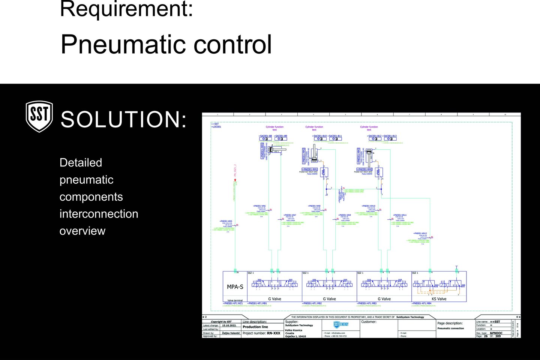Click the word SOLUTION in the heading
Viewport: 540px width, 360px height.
click(124, 119)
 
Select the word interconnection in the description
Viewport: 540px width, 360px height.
click(99, 214)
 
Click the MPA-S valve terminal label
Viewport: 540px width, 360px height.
click(235, 287)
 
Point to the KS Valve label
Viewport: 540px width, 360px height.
click(439, 299)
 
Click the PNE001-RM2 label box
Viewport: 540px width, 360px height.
click(365, 169)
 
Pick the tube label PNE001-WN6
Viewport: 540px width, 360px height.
click(259, 206)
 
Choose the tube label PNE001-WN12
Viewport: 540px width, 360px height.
click(420, 233)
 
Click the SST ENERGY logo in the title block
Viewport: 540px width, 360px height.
click(341, 324)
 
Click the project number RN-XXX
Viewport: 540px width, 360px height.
click(273, 333)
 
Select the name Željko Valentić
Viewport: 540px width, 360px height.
click(231, 333)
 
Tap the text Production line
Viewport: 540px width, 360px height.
click(255, 327)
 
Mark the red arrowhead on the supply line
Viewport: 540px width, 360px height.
click(235, 180)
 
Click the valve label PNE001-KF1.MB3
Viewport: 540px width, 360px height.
click(367, 303)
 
